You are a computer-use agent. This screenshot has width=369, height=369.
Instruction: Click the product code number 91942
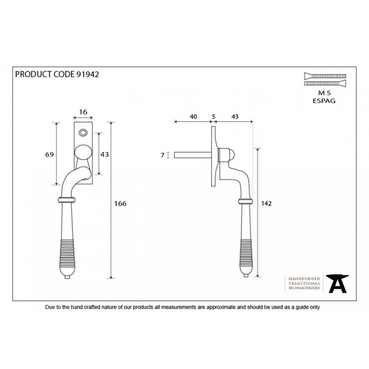88,74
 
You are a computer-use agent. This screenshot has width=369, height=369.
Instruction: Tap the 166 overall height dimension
120,203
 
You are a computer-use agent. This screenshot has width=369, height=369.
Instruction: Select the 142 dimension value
267,203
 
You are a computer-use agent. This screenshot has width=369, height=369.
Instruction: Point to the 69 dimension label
49,155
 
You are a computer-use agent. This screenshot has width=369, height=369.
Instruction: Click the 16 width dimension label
83,112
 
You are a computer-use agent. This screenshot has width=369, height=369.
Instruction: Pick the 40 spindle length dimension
193,117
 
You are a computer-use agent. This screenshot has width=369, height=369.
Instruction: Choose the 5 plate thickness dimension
214,117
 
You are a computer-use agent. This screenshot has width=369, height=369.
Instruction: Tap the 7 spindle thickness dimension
163,155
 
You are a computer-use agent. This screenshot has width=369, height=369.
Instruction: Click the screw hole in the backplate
83,133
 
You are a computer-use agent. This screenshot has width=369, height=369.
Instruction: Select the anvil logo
338,284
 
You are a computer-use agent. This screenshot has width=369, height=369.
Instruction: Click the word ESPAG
324,101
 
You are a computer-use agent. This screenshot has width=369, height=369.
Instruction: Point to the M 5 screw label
324,93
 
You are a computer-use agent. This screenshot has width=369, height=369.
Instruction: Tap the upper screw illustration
325,76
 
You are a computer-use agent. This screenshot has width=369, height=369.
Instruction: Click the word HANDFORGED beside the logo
304,279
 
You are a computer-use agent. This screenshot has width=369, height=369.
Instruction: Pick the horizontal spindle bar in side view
193,155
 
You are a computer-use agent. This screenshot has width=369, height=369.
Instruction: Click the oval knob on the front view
83,153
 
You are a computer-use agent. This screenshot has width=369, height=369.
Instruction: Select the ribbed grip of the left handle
67,253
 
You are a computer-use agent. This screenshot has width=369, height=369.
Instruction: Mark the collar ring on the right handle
245,201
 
